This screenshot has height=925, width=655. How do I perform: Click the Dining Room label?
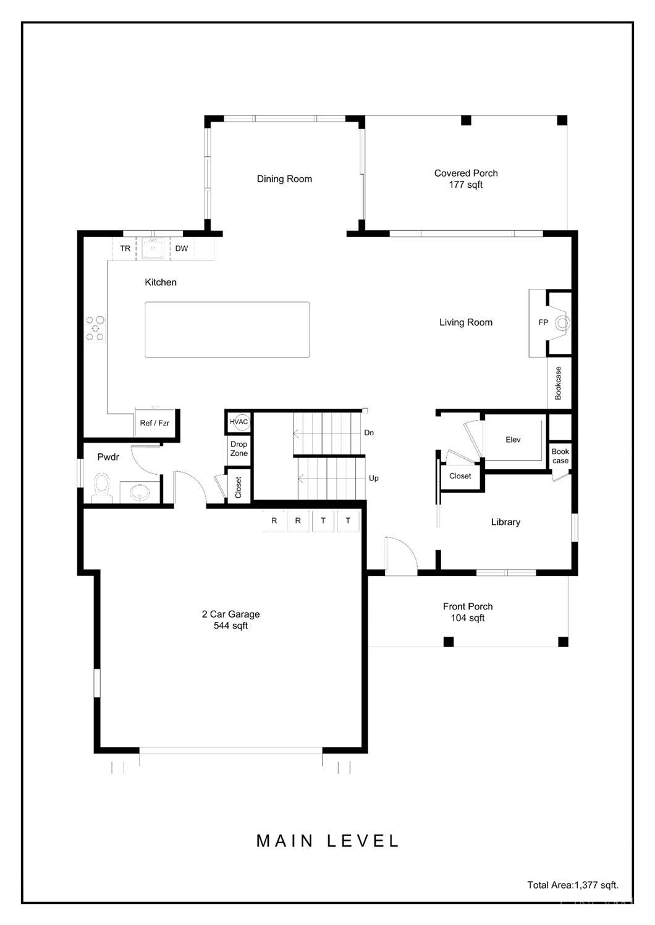pyautogui.click(x=284, y=179)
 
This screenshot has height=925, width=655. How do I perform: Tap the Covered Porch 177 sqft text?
pyautogui.click(x=466, y=179)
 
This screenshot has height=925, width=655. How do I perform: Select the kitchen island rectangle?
pyautogui.click(x=227, y=330)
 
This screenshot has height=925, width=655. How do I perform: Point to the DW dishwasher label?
pyautogui.click(x=181, y=249)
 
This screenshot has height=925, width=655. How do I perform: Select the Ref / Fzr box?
pyautogui.click(x=154, y=424)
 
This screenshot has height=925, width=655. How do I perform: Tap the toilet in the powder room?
pyautogui.click(x=100, y=487)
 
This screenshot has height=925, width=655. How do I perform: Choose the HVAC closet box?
pyautogui.click(x=239, y=422)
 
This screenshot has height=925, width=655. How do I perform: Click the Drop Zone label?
pyautogui.click(x=239, y=449)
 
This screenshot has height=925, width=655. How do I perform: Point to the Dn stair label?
pyautogui.click(x=369, y=433)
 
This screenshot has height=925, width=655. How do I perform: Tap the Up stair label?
pyautogui.click(x=373, y=479)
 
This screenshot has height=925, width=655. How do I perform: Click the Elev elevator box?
pyautogui.click(x=513, y=440)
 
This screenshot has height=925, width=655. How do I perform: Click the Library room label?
pyautogui.click(x=505, y=522)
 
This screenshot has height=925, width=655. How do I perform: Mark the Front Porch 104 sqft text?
pyautogui.click(x=468, y=613)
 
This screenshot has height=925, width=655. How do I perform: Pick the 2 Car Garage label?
pyautogui.click(x=230, y=620)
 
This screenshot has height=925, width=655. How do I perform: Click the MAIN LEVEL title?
pyautogui.click(x=327, y=841)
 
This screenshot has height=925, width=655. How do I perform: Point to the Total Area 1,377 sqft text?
pyautogui.click(x=572, y=885)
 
